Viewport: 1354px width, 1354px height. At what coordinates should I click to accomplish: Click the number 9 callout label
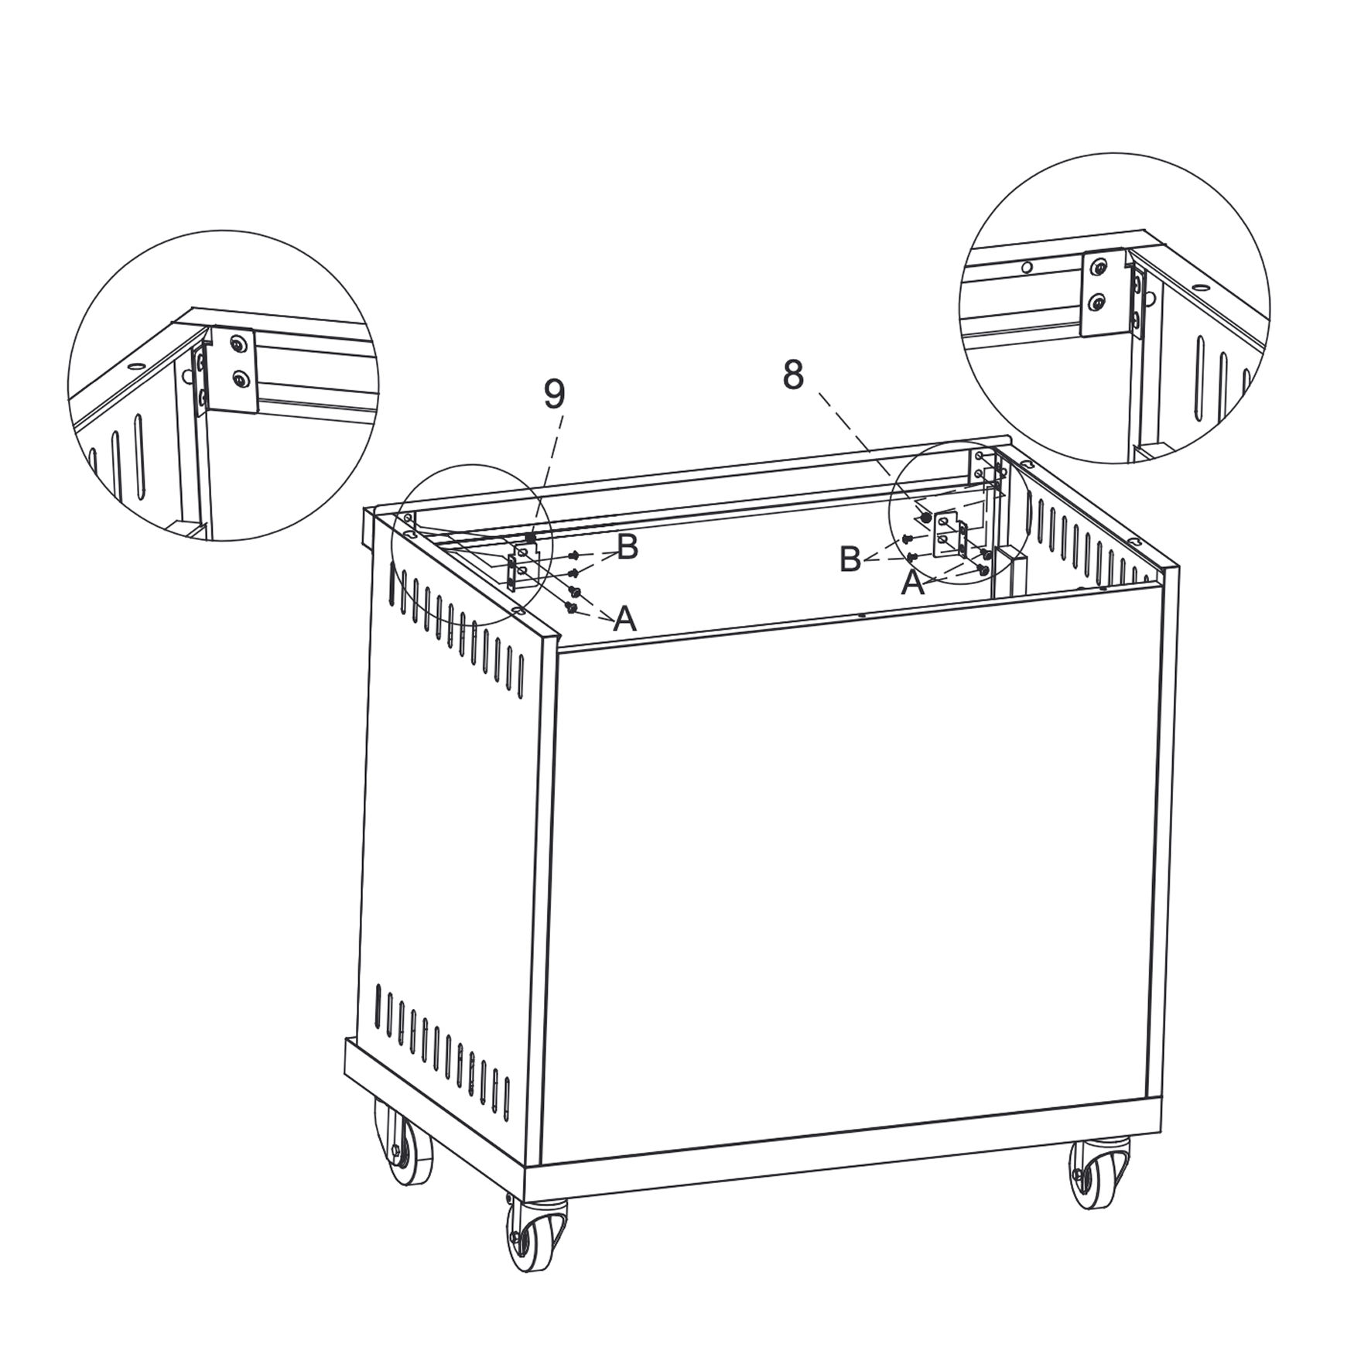coord(554,395)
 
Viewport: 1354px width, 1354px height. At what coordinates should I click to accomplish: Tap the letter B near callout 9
coord(627,547)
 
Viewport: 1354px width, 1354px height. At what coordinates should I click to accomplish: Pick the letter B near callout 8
coord(850,559)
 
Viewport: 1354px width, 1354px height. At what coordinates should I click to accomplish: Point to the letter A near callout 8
coord(913,583)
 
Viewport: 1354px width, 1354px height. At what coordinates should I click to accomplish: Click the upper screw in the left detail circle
coord(241,343)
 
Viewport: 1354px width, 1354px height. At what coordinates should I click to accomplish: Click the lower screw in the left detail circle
coord(241,379)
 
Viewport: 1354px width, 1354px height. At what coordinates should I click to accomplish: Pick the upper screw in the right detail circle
coord(1097,268)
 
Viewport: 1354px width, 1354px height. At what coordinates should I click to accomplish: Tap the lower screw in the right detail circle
coord(1097,304)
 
